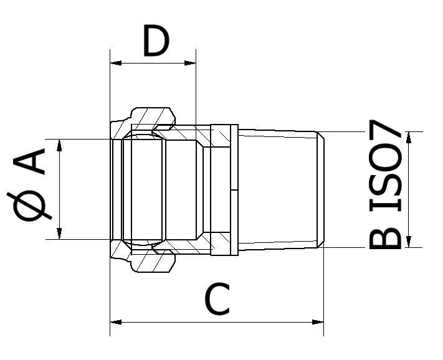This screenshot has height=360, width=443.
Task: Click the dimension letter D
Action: tap(156, 40)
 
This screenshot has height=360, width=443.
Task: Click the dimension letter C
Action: tap(217, 299)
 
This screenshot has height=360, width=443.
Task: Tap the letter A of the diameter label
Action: tap(29, 161)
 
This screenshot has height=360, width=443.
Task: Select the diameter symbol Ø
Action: tap(30, 206)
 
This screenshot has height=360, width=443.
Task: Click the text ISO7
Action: tap(385, 166)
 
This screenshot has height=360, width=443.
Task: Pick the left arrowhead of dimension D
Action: tap(116, 63)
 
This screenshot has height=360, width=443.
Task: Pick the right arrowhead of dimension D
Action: tap(190, 63)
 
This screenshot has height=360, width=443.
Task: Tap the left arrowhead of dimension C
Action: tap(116, 322)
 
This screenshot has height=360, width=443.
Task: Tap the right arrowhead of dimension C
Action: tap(318, 322)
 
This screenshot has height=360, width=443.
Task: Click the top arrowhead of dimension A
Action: tap(59, 145)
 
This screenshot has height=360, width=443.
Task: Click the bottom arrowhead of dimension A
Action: tap(59, 233)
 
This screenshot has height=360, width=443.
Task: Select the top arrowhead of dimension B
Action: tap(409, 138)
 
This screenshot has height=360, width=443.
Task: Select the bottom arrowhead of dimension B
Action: tap(409, 242)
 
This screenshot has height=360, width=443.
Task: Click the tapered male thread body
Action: tap(278, 189)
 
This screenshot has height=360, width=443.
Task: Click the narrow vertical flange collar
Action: tap(234, 190)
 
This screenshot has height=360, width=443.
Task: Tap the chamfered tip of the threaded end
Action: tap(321, 189)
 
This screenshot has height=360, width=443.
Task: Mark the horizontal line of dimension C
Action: tap(217, 322)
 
